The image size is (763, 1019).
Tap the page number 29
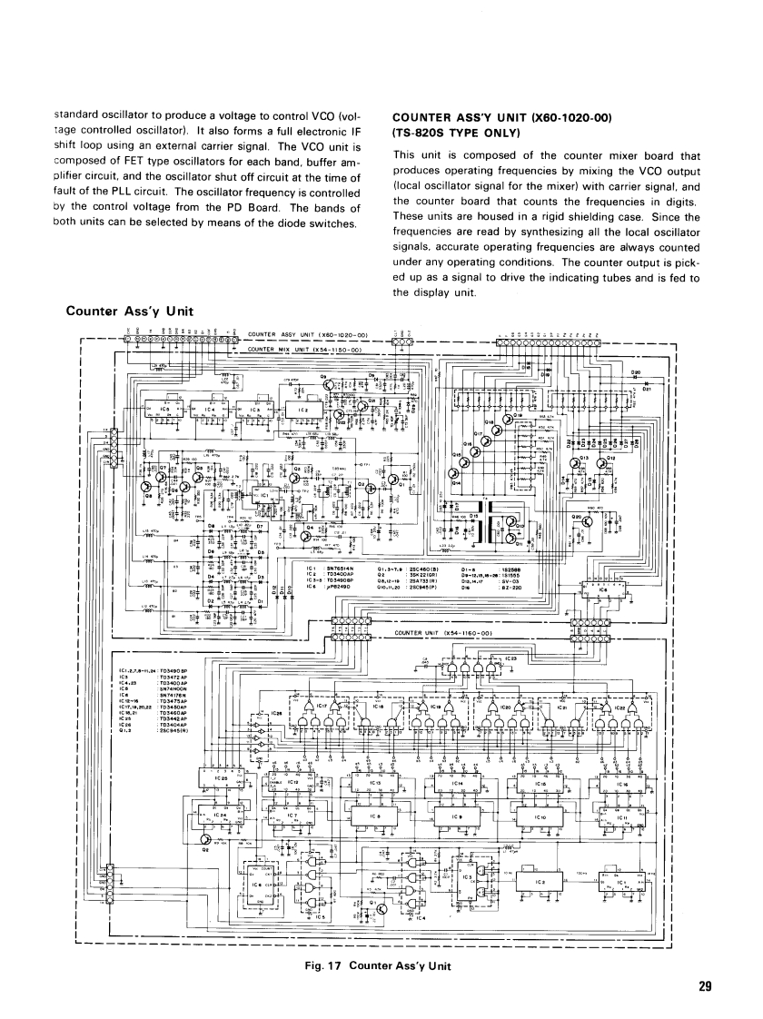click(705, 986)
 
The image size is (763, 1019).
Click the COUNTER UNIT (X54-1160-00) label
click(444, 633)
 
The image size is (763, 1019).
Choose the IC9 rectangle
click(460, 819)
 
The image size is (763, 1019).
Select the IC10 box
click(542, 819)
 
